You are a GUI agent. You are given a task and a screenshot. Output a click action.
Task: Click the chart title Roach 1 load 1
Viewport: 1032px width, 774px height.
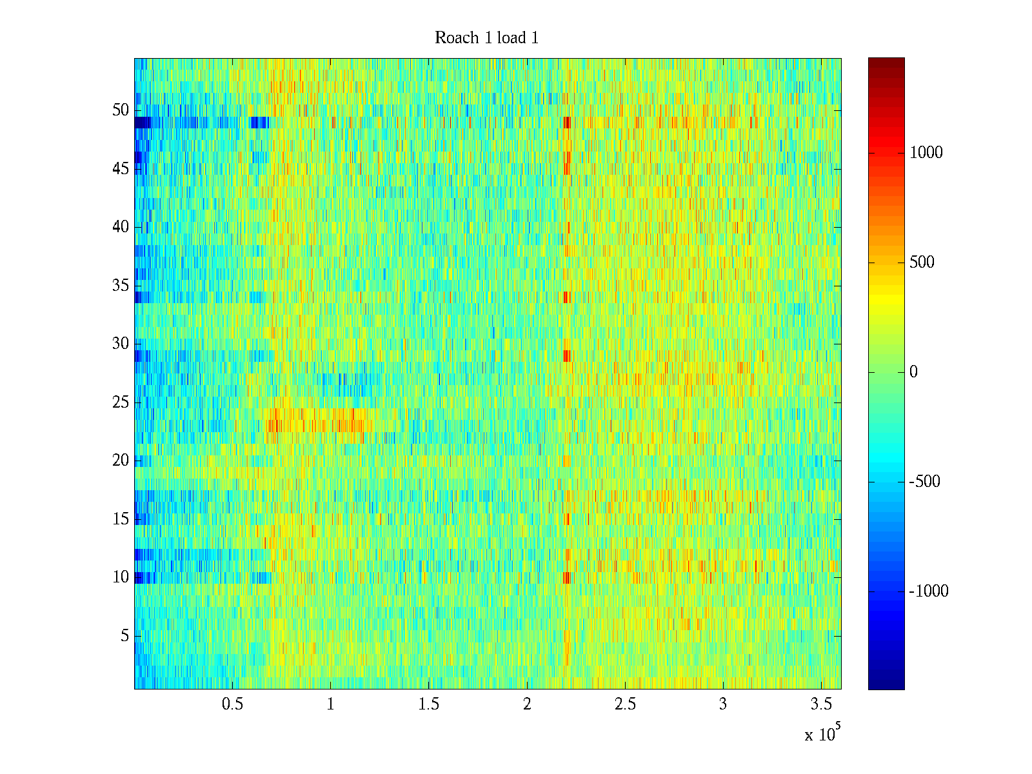click(486, 38)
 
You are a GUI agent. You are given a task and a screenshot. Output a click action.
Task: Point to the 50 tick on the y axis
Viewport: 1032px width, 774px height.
click(121, 110)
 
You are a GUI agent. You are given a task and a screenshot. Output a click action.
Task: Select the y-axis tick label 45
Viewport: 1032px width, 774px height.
click(121, 169)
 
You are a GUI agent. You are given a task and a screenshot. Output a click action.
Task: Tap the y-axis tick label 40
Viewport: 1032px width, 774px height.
click(121, 227)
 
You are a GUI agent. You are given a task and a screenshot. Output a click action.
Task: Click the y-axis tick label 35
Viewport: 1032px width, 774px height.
click(121, 286)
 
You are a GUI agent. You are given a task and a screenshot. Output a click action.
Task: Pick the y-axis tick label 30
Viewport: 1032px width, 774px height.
click(121, 344)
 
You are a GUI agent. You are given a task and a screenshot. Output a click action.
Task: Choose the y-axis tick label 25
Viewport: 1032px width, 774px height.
click(121, 402)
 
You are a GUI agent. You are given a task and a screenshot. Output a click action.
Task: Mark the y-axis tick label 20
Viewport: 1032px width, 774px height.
click(121, 461)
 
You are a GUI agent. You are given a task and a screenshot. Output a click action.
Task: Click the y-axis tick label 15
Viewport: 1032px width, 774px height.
click(121, 519)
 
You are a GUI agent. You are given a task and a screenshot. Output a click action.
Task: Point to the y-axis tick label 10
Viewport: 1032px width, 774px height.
click(121, 577)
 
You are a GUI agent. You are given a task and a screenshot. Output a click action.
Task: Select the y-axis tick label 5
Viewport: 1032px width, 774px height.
click(124, 636)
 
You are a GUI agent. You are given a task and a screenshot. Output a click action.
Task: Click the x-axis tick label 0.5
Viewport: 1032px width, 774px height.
click(232, 704)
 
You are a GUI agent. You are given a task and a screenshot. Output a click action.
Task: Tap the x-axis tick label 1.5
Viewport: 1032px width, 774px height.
click(428, 704)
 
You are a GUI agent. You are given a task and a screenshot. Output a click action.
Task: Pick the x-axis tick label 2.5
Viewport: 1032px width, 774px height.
click(625, 704)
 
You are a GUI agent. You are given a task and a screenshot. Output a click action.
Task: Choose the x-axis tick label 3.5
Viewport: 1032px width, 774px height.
click(821, 704)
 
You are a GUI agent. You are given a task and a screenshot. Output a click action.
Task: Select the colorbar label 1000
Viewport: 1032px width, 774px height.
click(926, 153)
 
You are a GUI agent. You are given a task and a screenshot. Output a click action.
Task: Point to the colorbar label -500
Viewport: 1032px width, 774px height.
click(924, 482)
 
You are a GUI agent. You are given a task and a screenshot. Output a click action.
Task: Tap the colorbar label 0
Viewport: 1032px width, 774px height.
click(913, 372)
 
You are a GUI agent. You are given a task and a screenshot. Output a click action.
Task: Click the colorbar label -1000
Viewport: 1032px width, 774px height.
click(929, 591)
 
